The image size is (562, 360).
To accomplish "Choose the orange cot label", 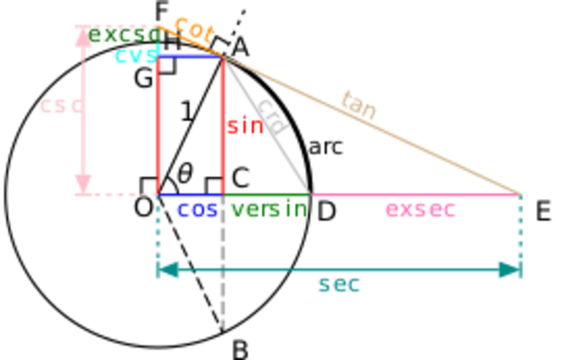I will tap(195, 29).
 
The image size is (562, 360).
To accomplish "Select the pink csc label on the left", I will tap(61, 107).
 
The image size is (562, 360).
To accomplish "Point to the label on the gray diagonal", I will tap(274, 119).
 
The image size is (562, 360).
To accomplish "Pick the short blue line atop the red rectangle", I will tap(189, 55).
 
